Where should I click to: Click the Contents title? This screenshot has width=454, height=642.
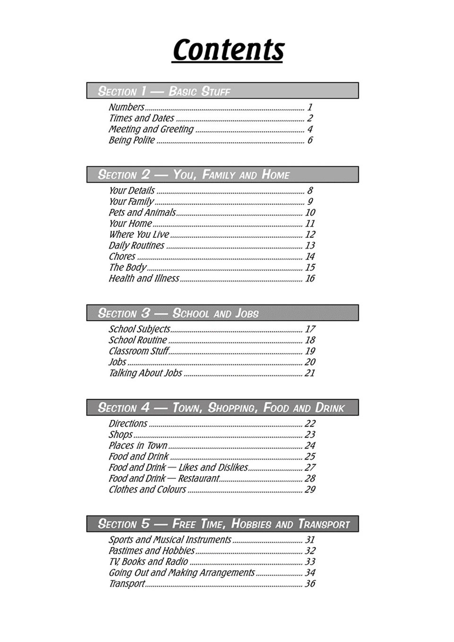[x=228, y=50]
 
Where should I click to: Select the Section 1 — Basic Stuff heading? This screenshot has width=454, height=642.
[x=164, y=91]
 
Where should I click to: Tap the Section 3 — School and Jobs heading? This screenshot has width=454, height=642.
[x=178, y=313]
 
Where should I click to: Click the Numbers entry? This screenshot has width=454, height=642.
[x=126, y=107]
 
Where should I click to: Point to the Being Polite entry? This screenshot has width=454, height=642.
[x=131, y=140]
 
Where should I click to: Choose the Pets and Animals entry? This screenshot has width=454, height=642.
[x=142, y=212]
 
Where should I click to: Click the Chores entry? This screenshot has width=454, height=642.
[x=122, y=256]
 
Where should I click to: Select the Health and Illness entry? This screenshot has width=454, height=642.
[x=144, y=279]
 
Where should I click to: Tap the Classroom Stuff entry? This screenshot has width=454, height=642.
[x=138, y=351]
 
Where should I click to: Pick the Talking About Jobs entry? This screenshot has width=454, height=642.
[x=145, y=373]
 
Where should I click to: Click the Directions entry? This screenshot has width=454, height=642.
[x=128, y=423]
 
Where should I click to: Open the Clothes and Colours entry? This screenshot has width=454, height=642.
[x=147, y=490]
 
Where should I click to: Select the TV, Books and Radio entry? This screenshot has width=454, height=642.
[x=148, y=562]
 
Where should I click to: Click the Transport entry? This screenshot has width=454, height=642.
[x=126, y=584]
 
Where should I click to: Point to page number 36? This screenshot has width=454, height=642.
[x=310, y=584]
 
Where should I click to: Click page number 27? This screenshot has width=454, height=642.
[x=310, y=467]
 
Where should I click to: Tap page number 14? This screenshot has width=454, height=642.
[x=310, y=256]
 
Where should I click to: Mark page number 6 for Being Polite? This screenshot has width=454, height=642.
[x=310, y=140]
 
